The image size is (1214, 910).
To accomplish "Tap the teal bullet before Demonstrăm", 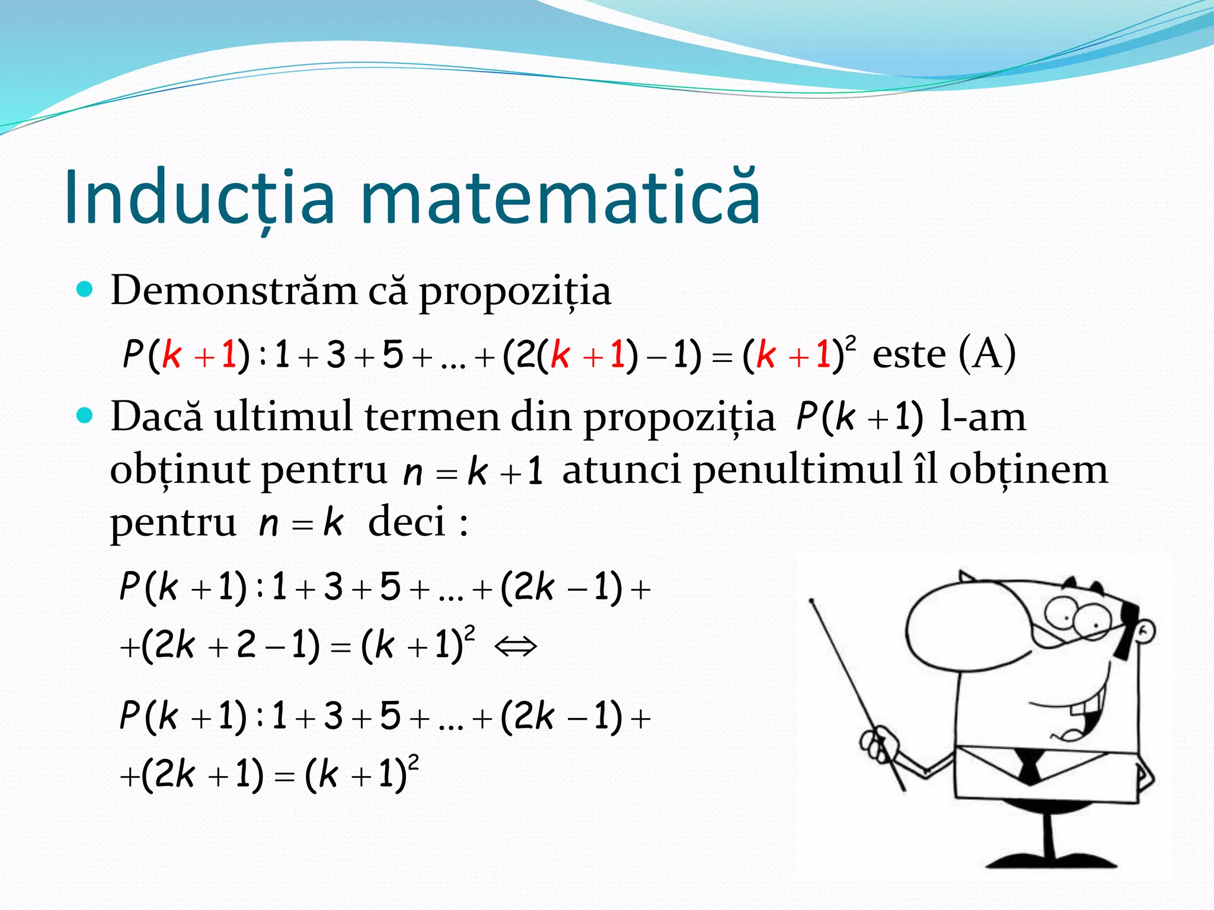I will (x=85, y=289).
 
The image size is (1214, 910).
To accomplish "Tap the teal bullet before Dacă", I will (x=85, y=415).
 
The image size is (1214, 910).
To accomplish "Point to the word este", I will (x=909, y=355).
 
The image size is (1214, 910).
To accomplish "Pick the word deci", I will (x=407, y=523).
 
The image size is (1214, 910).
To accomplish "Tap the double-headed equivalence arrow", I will (x=516, y=645).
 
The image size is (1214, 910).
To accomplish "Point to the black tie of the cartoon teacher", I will (x=1029, y=768).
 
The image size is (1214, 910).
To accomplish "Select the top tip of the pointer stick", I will (x=812, y=601).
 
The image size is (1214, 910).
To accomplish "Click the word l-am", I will (x=983, y=416).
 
